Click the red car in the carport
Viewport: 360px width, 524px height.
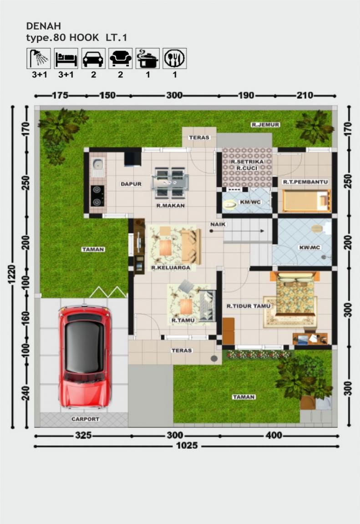point(85,356)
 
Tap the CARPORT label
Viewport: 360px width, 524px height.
point(85,419)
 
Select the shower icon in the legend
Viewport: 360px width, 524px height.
point(39,58)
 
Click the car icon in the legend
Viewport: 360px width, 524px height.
point(93,58)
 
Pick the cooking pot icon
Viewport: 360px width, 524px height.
point(147,58)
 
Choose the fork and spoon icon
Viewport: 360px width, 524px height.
point(174,58)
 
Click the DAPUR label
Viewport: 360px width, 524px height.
point(131,184)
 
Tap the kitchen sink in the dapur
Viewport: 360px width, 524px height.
point(97,168)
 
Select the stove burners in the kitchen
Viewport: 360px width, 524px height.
point(97,195)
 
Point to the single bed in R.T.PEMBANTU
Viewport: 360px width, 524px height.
point(306,201)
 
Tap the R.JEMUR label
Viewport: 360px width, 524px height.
point(265,124)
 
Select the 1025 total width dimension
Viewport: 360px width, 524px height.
point(187,446)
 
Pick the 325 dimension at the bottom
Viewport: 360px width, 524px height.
point(83,436)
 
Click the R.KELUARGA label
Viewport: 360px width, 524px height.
point(171,268)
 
